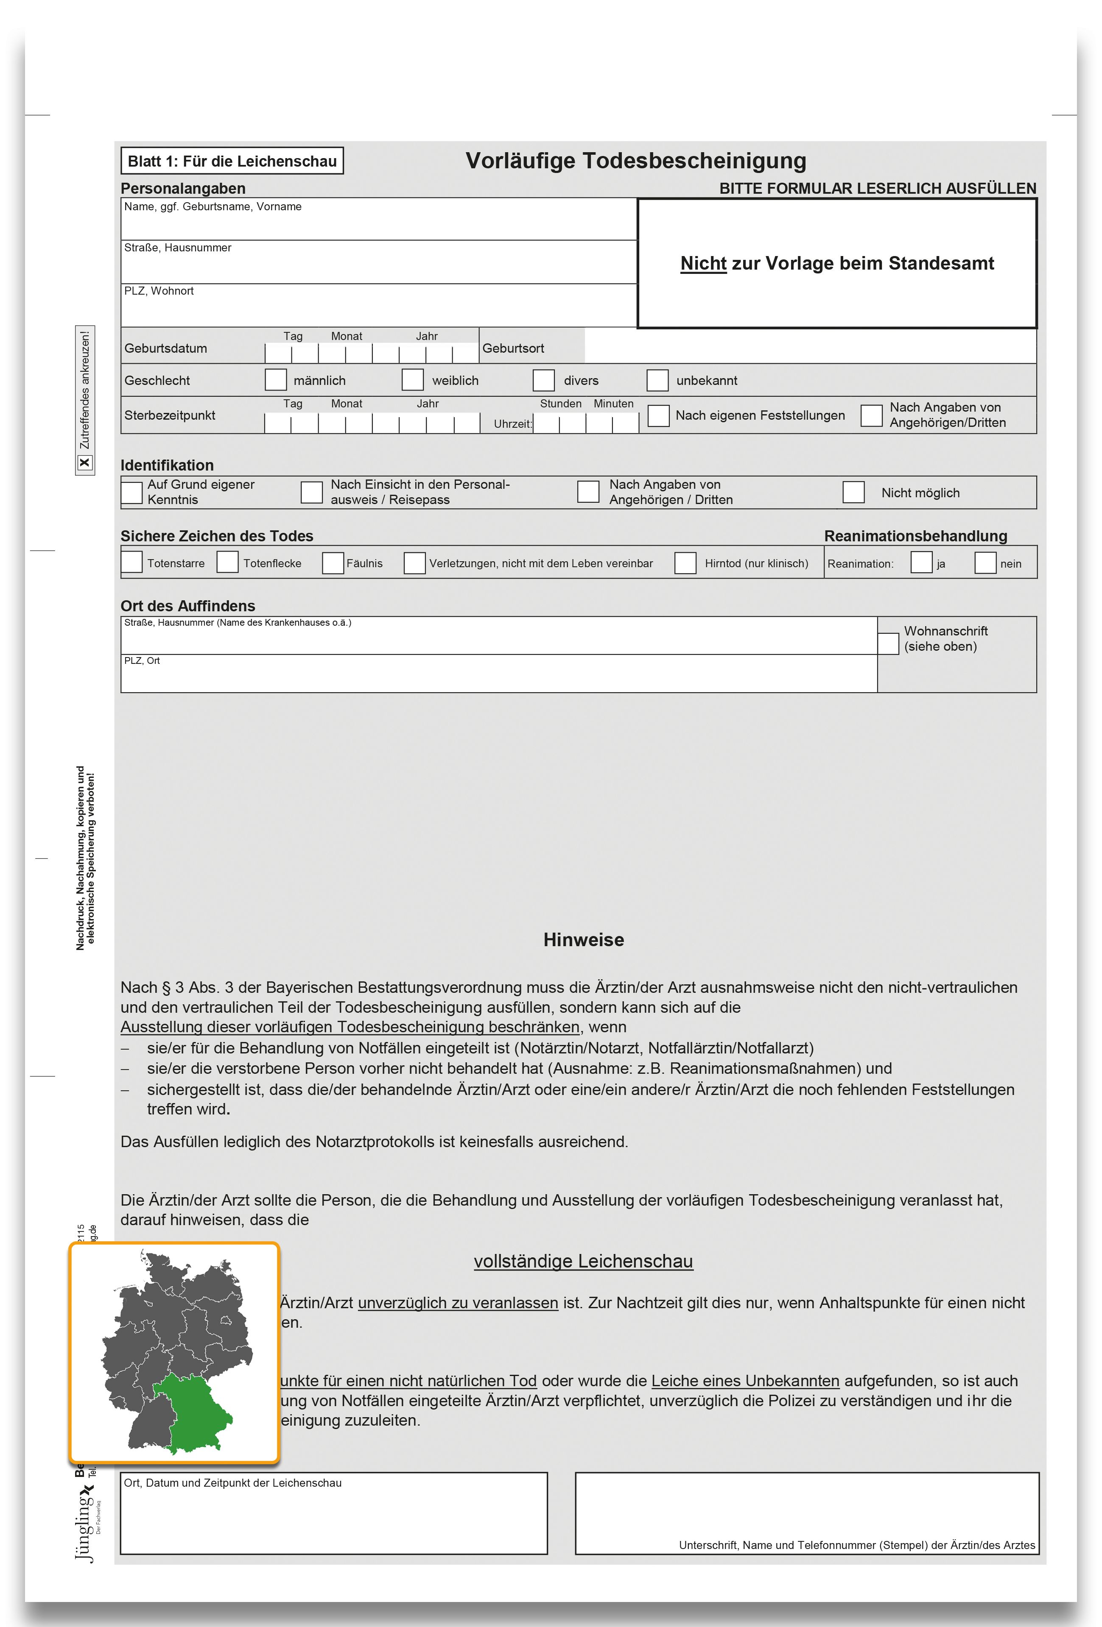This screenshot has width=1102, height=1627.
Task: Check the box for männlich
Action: (x=275, y=379)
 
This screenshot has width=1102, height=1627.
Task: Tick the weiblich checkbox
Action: (x=413, y=379)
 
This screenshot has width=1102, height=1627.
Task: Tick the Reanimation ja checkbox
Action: (x=921, y=562)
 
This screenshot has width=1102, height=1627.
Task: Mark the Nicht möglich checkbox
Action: (x=853, y=491)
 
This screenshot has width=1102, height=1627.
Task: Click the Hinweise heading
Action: (x=584, y=939)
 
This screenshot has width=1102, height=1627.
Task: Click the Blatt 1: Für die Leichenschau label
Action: (x=232, y=161)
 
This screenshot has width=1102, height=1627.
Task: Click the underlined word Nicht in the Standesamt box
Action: (x=703, y=263)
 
